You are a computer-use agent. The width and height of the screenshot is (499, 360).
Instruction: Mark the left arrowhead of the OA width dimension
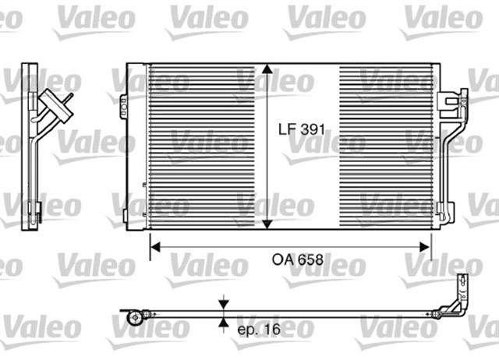point(154,247)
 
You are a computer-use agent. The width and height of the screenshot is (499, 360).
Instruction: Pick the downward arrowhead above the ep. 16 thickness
point(225,306)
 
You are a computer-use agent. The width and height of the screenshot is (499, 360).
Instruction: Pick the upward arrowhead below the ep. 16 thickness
point(225,323)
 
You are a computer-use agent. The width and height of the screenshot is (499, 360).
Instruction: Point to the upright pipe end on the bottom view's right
point(458,290)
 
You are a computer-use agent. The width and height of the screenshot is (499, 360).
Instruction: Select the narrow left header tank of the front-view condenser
point(146,146)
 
